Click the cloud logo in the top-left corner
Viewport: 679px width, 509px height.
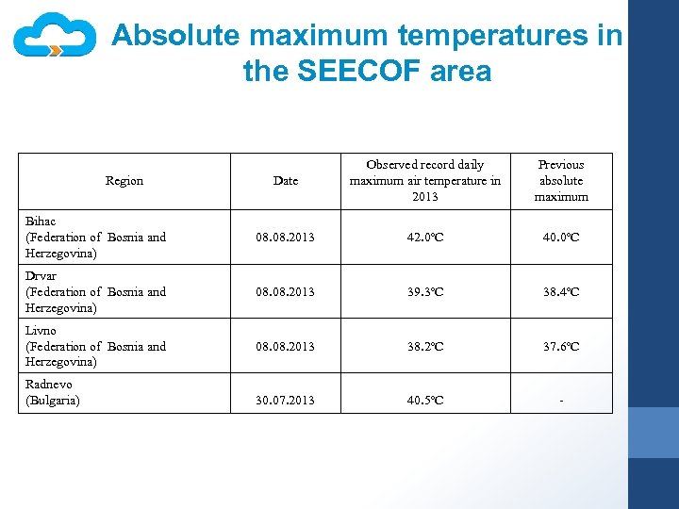click(x=55, y=37)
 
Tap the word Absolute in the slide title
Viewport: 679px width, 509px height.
click(x=176, y=36)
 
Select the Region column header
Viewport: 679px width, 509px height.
click(x=124, y=181)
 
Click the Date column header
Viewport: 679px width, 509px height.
click(x=285, y=181)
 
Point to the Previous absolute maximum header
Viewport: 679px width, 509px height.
click(x=561, y=180)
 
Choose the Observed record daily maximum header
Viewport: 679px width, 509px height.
click(x=424, y=180)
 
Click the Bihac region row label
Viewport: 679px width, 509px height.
click(x=95, y=237)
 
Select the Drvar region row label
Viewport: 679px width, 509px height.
click(x=95, y=291)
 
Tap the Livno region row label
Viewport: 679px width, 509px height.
click(x=95, y=346)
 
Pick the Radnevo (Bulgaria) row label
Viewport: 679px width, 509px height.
click(x=53, y=392)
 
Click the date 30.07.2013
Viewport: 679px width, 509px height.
click(x=285, y=401)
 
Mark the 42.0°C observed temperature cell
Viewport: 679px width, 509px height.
click(x=424, y=238)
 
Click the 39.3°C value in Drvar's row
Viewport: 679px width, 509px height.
click(x=424, y=292)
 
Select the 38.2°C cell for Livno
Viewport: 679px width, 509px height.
click(x=424, y=347)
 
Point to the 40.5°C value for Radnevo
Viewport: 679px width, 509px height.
click(x=424, y=401)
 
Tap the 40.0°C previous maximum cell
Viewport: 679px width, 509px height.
click(x=561, y=238)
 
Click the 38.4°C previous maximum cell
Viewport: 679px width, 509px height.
click(x=561, y=292)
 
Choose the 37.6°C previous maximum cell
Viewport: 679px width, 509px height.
click(x=561, y=347)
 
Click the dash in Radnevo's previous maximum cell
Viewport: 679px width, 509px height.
click(x=561, y=402)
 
